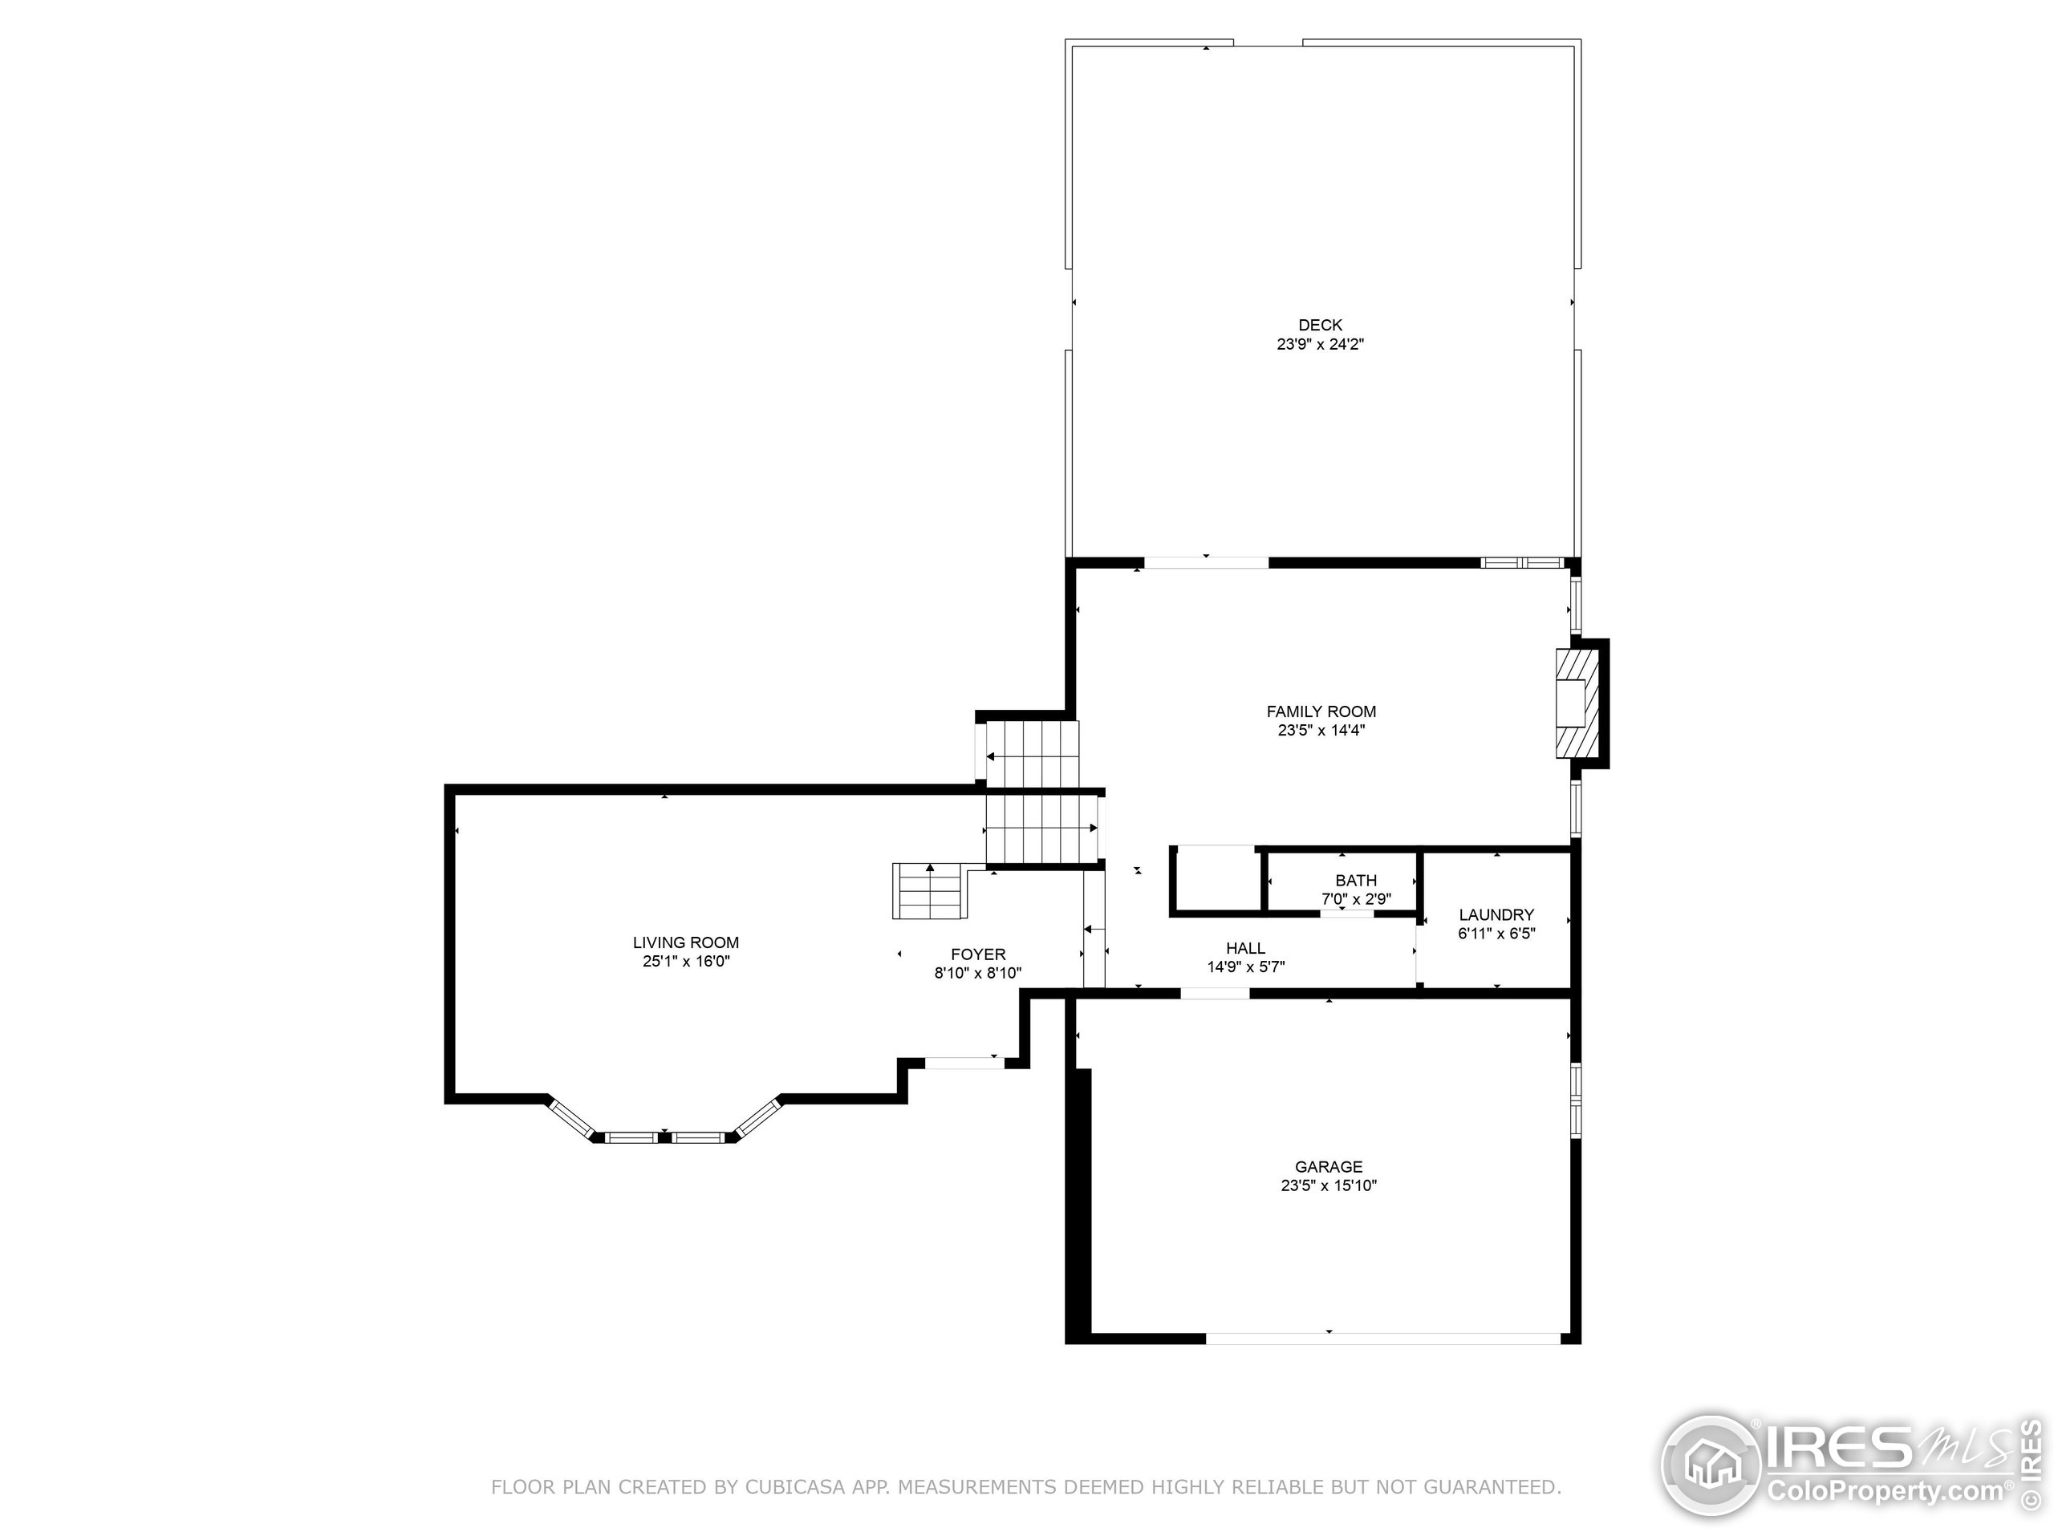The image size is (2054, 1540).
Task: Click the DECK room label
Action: (1320, 325)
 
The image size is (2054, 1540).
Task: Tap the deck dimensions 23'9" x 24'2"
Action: (1320, 344)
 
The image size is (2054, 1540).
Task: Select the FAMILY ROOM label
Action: (1321, 711)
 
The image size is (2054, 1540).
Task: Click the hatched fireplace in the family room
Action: (1577, 703)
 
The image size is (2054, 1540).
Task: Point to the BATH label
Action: (1356, 880)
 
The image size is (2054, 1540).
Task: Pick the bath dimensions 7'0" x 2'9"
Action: (1356, 898)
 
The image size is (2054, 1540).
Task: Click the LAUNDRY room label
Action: (1495, 914)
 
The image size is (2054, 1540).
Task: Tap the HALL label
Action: (1245, 948)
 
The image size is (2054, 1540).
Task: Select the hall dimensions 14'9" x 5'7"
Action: (1245, 967)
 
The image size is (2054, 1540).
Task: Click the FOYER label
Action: (978, 954)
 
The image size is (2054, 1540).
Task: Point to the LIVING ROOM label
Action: (685, 942)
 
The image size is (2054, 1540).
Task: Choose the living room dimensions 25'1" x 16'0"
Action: (685, 961)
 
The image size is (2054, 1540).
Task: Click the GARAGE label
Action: (1328, 1167)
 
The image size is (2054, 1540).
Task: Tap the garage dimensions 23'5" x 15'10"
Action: (1328, 1185)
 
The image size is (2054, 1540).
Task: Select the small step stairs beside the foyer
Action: (929, 890)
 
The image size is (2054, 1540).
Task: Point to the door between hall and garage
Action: (1214, 993)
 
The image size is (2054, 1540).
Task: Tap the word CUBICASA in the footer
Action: (794, 1487)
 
